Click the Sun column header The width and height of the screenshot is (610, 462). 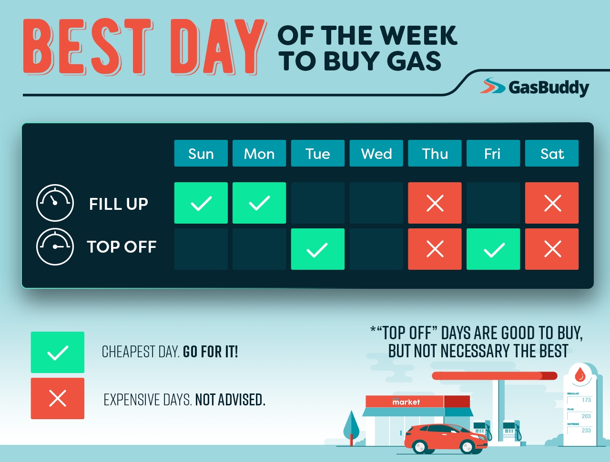pos(201,153)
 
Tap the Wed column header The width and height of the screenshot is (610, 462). pos(376,153)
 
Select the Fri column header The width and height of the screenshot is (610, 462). pos(493,153)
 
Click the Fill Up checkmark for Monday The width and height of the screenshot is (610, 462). pos(259,203)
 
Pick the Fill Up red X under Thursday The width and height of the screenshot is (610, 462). pos(435,203)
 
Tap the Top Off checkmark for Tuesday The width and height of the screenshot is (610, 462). pos(317,249)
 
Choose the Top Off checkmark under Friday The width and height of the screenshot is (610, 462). pos(493,249)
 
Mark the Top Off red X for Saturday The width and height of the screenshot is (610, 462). pos(552,249)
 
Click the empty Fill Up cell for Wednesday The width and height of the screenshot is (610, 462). pos(376,203)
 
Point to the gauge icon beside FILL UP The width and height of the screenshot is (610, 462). pos(55,203)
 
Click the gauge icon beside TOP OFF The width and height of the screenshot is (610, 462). pos(55,246)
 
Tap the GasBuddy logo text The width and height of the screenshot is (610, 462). pos(549,88)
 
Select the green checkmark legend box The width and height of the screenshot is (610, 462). pos(58,353)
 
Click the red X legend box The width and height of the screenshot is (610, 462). pos(58,399)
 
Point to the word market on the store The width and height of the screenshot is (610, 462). pos(406,402)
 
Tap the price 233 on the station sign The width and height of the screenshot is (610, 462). pos(586,431)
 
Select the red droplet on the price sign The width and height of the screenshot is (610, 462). pos(580,374)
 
